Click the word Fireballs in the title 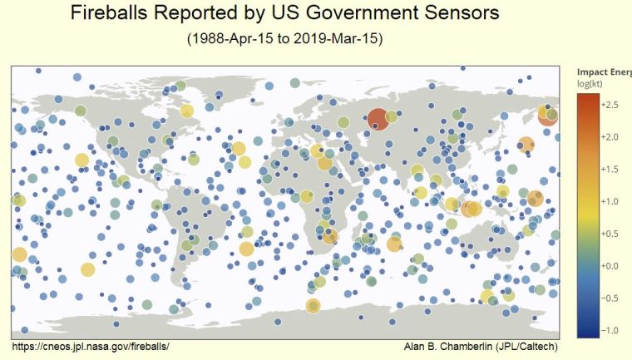[107, 15]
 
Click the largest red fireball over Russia [377, 120]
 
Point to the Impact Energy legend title [604, 73]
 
